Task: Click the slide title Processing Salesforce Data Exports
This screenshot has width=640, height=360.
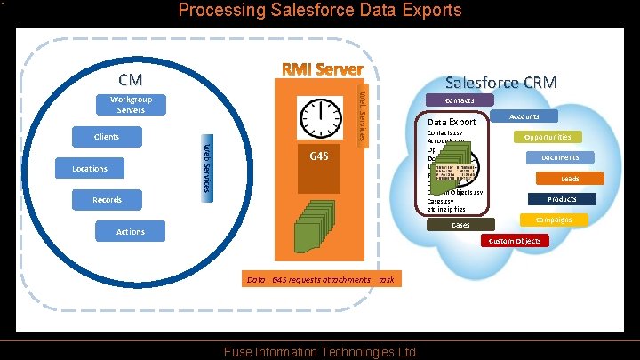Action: (x=320, y=11)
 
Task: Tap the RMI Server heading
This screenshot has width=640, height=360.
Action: (x=322, y=69)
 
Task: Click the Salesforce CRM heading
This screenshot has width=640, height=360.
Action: (x=500, y=83)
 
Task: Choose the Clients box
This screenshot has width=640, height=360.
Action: (x=107, y=137)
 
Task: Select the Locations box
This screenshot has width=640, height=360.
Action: (x=89, y=169)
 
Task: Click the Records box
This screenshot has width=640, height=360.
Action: (x=108, y=200)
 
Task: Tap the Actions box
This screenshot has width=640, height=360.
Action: (x=130, y=232)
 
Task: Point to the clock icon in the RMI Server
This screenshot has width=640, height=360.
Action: (x=322, y=118)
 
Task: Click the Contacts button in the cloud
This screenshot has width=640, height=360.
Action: (x=460, y=101)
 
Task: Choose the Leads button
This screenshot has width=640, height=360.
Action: (x=569, y=179)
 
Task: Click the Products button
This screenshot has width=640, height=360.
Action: (x=562, y=200)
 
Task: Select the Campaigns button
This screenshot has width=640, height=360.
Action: (x=553, y=220)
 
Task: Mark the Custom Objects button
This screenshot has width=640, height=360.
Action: (x=515, y=242)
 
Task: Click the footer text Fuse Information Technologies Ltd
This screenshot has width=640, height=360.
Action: (x=320, y=352)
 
